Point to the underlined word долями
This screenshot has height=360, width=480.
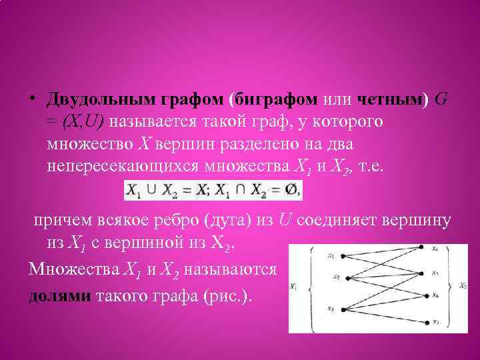pos(59,297)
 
